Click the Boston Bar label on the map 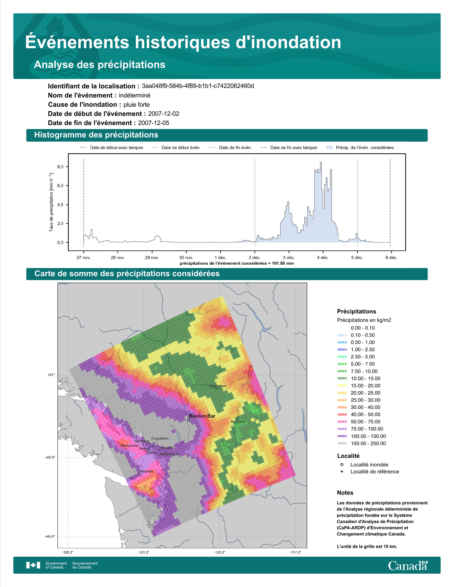202,416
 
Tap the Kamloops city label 218,386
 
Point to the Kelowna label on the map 238,421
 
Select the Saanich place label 146,471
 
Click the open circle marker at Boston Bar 188,420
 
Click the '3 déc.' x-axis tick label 289,258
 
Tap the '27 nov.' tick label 84,258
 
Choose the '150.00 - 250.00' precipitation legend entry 361,443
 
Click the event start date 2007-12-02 163,114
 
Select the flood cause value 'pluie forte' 137,105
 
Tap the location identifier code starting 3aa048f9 198,86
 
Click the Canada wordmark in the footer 408,565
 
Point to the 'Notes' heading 345,493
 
